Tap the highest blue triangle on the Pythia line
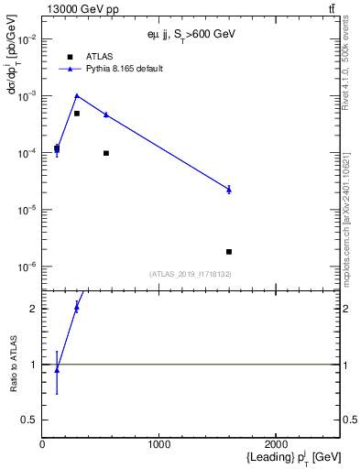point(77,95)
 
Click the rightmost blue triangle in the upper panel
point(229,189)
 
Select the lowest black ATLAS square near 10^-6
point(229,251)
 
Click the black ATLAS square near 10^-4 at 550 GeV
point(106,153)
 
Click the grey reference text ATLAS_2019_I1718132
point(191,273)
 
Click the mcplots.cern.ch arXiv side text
point(345,202)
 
